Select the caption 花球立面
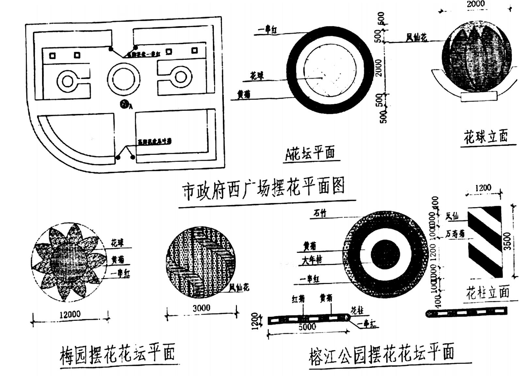486,137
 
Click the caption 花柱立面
488,292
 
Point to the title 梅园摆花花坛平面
118,353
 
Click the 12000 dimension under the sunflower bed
70,314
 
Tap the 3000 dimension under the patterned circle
201,308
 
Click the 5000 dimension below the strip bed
307,327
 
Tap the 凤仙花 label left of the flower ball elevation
416,38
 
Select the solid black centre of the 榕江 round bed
385,254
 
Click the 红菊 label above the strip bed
298,299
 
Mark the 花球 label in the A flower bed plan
257,76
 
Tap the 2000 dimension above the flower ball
476,4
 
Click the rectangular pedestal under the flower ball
479,96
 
